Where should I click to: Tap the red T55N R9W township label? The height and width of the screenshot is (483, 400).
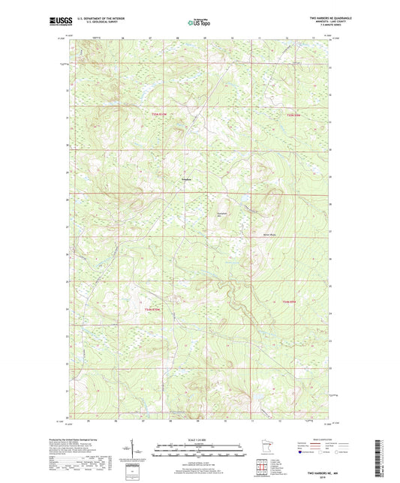pos(293,115)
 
